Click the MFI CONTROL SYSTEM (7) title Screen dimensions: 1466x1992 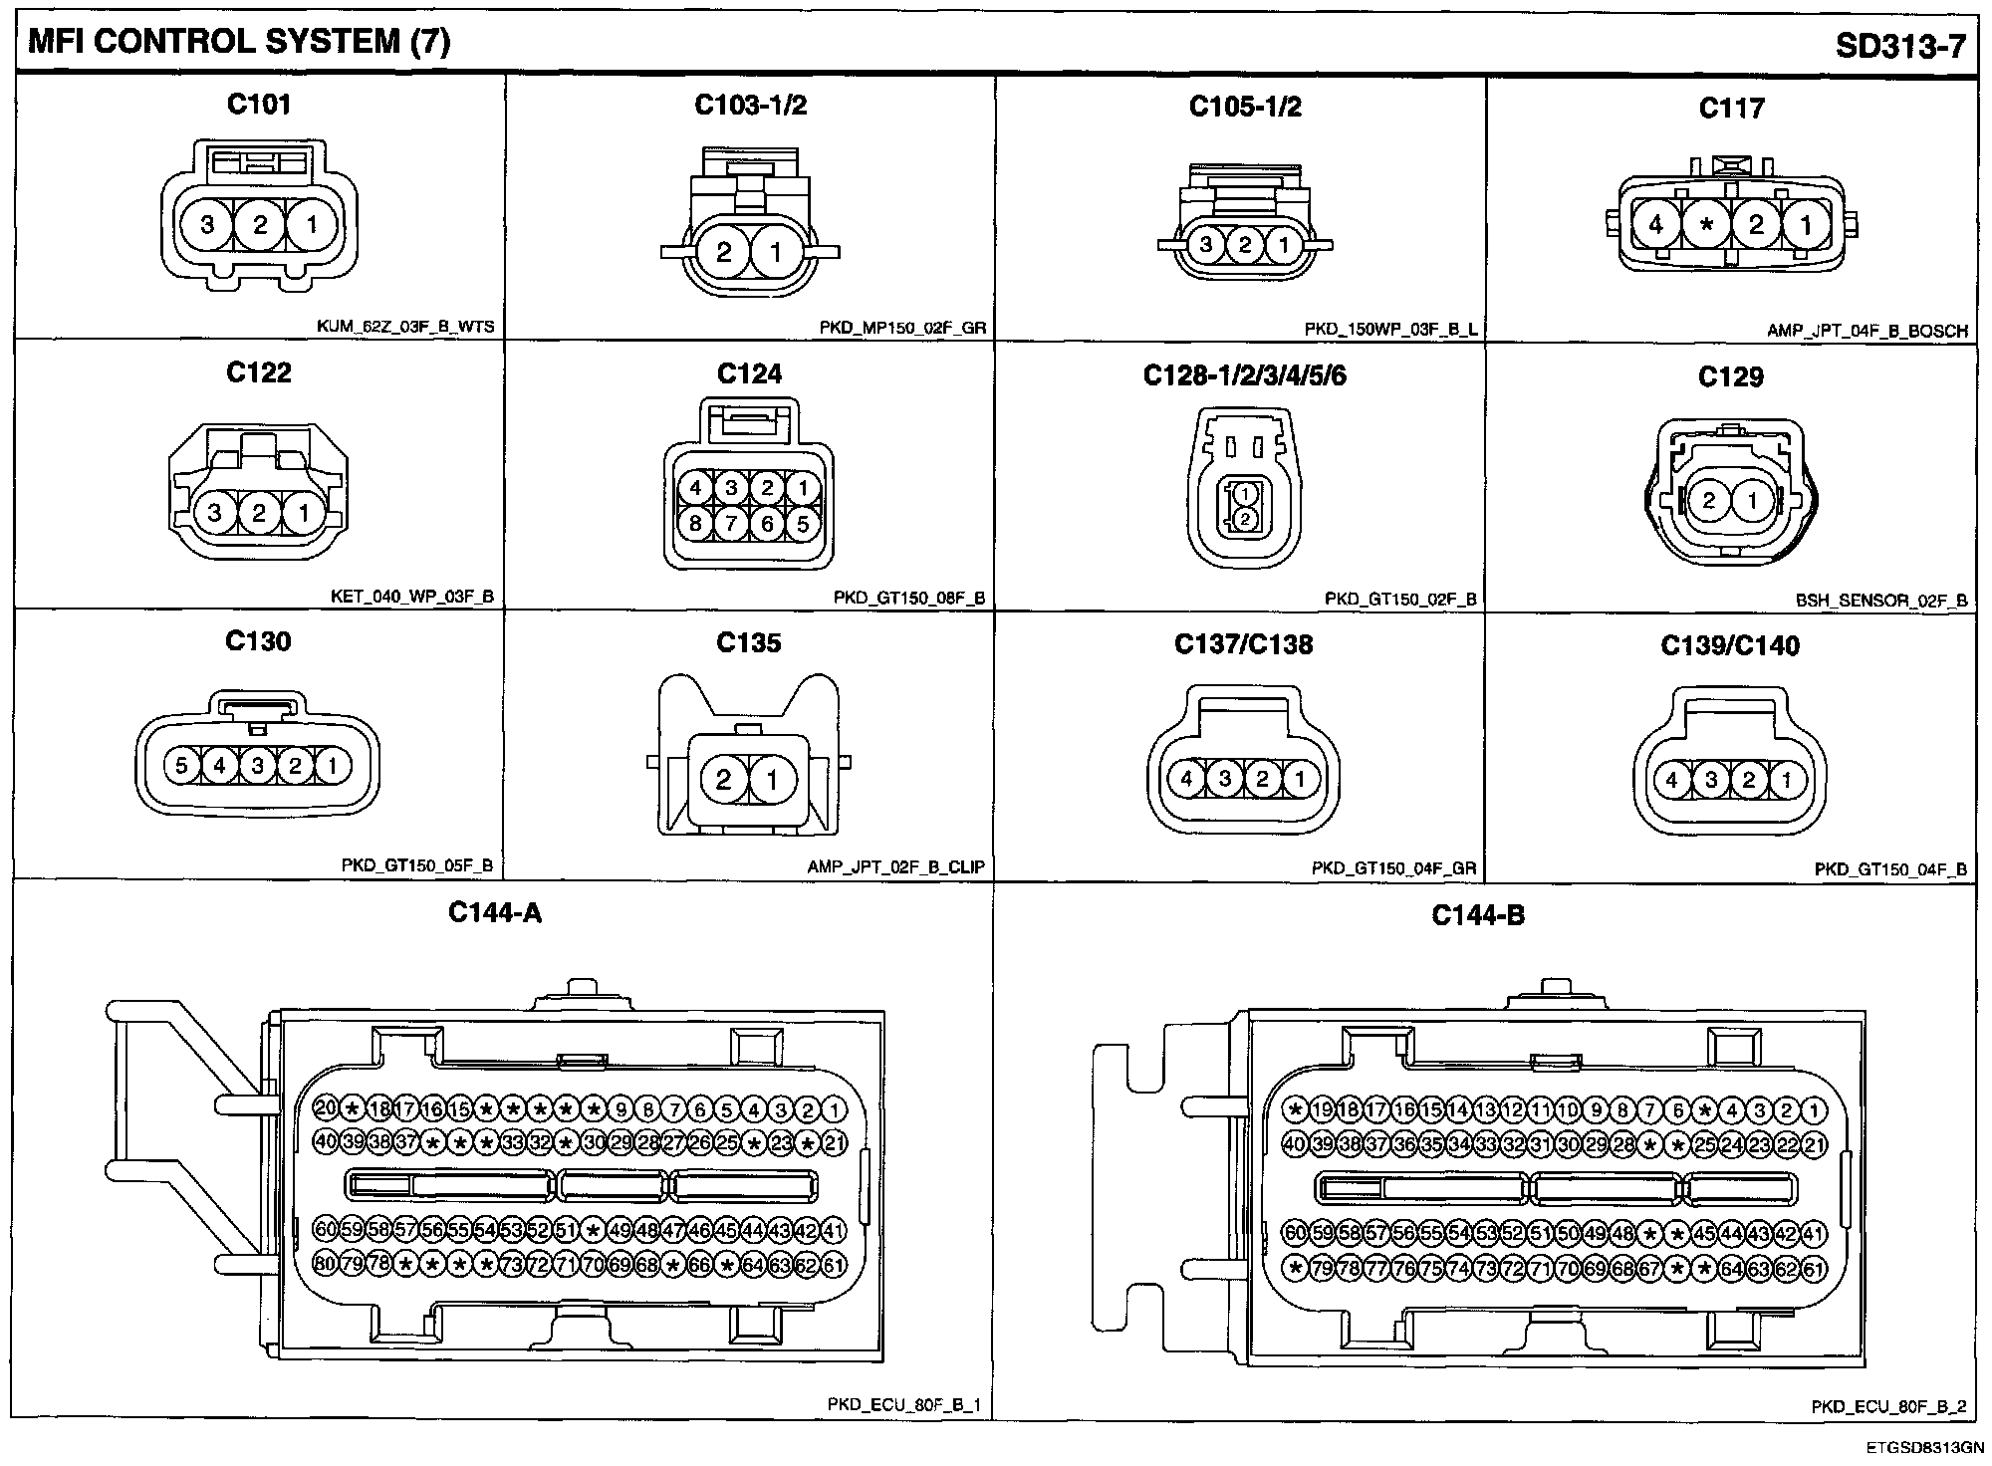click(x=239, y=42)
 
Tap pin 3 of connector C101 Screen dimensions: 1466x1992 click(x=207, y=224)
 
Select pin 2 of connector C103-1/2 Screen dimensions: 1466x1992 click(x=723, y=251)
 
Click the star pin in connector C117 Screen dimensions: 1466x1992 click(x=1706, y=224)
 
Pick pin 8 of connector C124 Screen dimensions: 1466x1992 click(x=695, y=523)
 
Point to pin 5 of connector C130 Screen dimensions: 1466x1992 click(x=181, y=766)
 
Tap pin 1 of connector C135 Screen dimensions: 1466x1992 click(x=772, y=779)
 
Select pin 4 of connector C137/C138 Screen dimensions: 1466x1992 click(x=1186, y=778)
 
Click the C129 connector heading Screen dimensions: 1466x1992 click(x=1731, y=376)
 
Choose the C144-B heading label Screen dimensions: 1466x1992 click(x=1478, y=914)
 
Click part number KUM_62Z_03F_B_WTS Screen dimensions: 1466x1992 click(x=405, y=327)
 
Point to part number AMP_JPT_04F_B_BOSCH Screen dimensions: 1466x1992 click(x=1867, y=331)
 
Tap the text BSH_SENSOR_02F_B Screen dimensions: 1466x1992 click(x=1881, y=601)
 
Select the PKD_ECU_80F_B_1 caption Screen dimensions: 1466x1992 click(x=904, y=1405)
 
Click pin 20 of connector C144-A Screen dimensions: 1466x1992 click(x=326, y=1108)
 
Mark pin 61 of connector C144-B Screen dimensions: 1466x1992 click(x=1814, y=1269)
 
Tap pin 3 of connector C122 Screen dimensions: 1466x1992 click(x=215, y=513)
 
